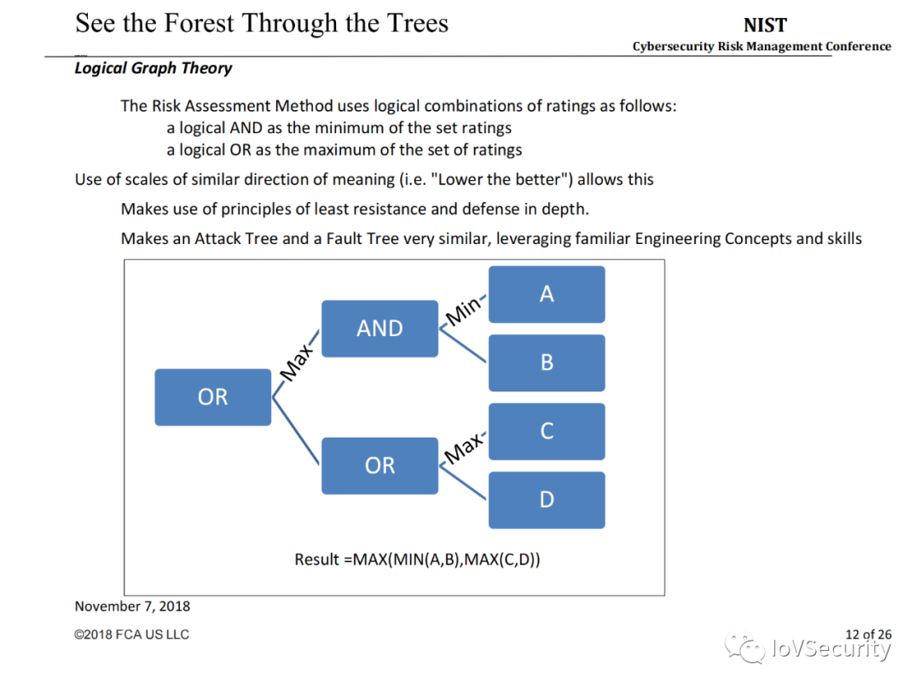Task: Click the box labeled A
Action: (547, 294)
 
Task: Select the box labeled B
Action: (547, 363)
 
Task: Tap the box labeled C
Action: (547, 431)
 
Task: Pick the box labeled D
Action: (547, 499)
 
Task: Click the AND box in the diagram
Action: (379, 328)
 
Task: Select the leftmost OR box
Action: (212, 397)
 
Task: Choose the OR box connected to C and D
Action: (379, 465)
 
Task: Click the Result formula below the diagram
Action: (417, 560)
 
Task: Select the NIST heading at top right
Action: (765, 26)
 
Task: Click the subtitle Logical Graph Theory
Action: (153, 68)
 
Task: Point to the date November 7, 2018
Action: (132, 607)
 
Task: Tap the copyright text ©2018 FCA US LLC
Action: (131, 635)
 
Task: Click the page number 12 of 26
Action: (868, 634)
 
